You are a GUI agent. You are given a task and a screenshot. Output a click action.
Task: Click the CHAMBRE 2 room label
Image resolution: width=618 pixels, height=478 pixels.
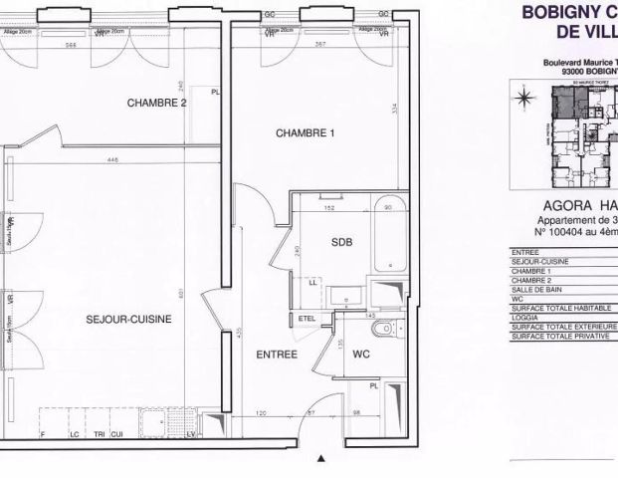click(x=157, y=103)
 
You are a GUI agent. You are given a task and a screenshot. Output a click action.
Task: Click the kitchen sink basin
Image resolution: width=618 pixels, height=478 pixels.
click(x=154, y=425)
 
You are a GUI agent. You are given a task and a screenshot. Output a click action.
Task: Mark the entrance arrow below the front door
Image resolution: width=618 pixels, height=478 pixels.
click(x=320, y=459)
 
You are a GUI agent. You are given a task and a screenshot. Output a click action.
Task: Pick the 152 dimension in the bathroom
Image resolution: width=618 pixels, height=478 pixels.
click(x=327, y=209)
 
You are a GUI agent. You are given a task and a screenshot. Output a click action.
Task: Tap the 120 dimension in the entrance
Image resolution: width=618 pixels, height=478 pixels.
click(x=263, y=411)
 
